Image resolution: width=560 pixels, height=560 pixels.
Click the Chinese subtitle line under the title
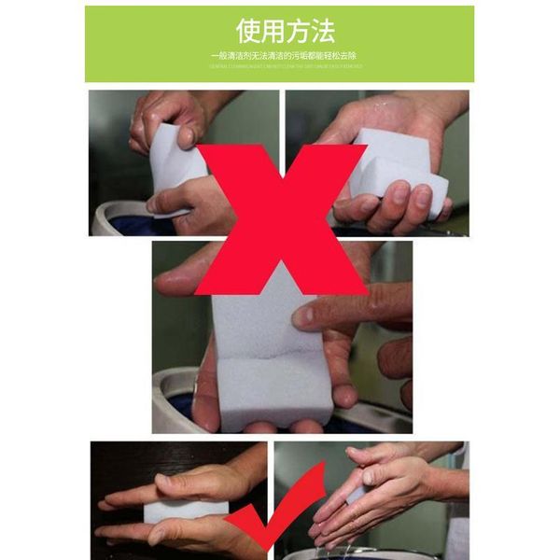pos(283,56)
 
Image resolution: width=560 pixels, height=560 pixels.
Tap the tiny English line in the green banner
pos(283,67)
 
